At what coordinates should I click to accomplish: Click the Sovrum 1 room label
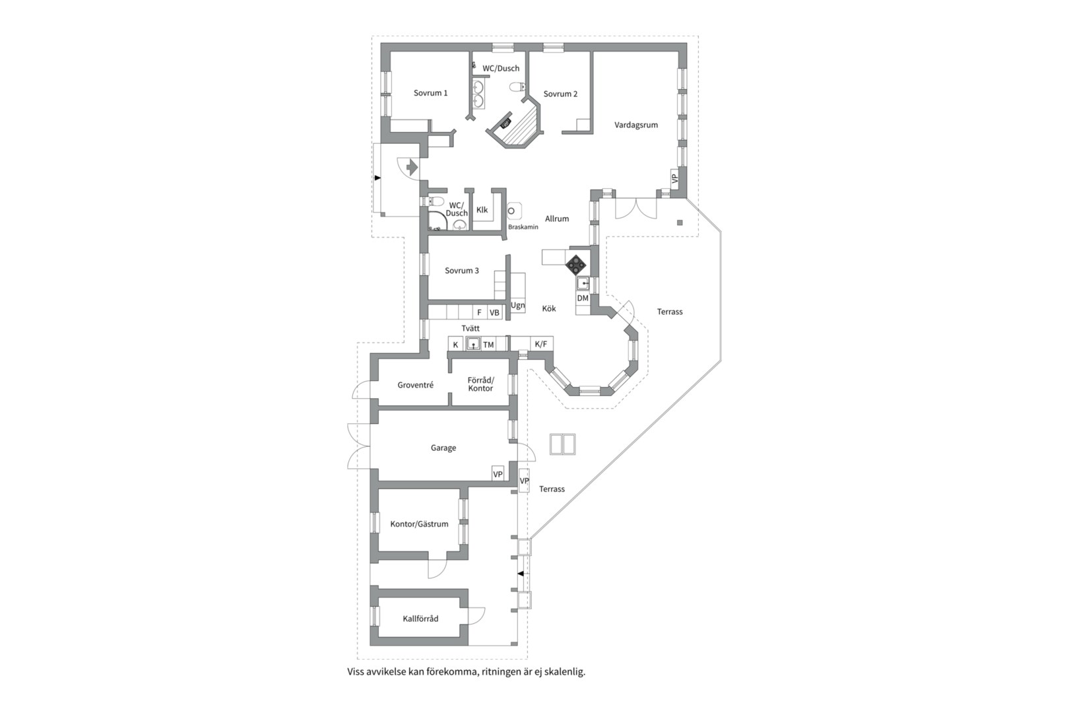tap(430, 93)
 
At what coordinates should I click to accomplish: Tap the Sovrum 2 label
tap(560, 94)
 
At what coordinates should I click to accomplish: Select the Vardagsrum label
tap(636, 125)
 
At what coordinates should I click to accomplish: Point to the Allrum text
tap(557, 219)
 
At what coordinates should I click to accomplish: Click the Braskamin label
tap(523, 227)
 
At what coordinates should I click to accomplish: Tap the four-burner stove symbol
tap(576, 265)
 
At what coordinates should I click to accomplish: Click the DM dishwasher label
tap(583, 298)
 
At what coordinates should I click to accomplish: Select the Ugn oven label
tap(518, 306)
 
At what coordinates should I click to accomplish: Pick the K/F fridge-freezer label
tap(540, 344)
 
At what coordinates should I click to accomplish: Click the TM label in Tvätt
tap(488, 345)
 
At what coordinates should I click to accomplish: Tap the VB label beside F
tap(494, 313)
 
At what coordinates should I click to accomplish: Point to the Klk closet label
tap(482, 210)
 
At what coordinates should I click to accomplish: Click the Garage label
tap(443, 448)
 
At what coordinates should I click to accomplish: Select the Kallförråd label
tap(420, 619)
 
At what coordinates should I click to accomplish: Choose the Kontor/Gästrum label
tap(420, 524)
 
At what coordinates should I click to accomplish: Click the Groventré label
tap(416, 385)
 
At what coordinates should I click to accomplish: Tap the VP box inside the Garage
tap(498, 474)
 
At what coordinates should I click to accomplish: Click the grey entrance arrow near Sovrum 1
tap(411, 168)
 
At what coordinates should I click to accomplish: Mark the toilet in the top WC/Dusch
tap(517, 87)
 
